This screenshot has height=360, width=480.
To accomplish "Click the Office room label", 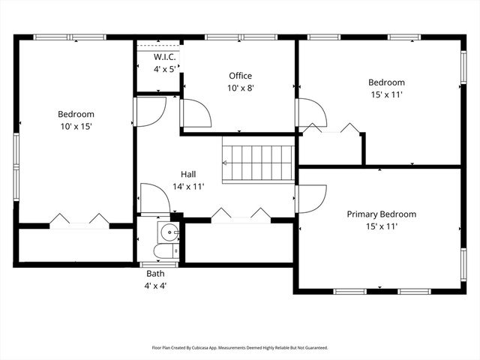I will tap(240, 76).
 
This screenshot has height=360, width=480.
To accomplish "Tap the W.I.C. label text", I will tap(164, 57).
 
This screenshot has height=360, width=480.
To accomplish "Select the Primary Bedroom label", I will tap(381, 214).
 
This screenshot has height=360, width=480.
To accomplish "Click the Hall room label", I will tap(188, 174).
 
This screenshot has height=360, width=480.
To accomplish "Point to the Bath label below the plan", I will tap(155, 274).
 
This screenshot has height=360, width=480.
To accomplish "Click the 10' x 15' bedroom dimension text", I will tap(76, 126).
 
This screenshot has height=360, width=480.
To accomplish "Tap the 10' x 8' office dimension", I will tap(240, 87).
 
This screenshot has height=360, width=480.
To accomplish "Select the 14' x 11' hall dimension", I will tap(188, 186).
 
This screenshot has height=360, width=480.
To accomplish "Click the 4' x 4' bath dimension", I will tap(155, 286).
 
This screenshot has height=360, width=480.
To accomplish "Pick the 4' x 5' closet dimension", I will tap(164, 69).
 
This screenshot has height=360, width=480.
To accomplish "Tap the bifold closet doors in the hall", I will tap(240, 214).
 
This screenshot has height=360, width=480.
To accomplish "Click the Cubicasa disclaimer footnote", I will tap(240, 348).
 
